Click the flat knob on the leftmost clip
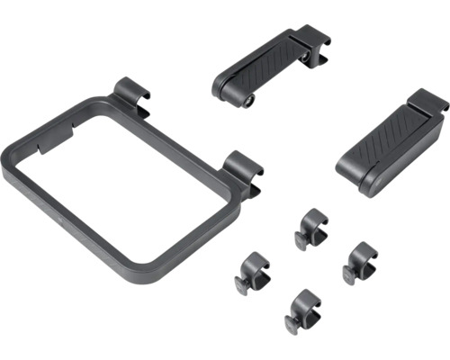[244, 285]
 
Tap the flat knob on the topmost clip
[301, 240]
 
